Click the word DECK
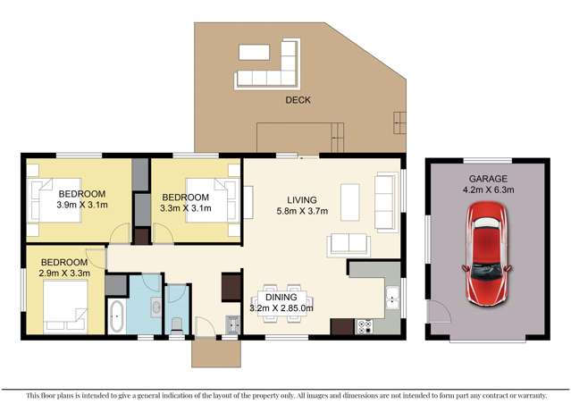click(298, 100)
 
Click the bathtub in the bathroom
click(117, 316)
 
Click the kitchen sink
click(391, 297)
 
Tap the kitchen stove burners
click(364, 326)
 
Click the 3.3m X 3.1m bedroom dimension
click(185, 208)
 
